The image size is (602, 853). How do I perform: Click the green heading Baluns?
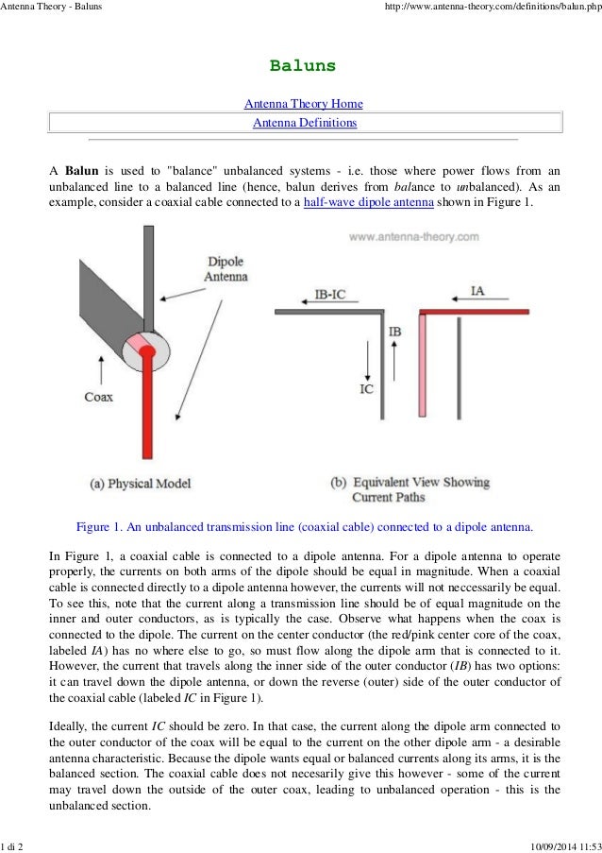tap(303, 66)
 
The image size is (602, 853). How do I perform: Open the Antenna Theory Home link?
tap(303, 104)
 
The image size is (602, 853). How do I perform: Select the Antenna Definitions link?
tap(303, 123)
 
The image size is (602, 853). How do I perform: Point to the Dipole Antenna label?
tap(226, 269)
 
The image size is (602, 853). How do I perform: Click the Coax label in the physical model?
tap(98, 397)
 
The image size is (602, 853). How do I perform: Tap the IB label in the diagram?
tap(395, 333)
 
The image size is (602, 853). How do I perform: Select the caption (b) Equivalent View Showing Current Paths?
tap(410, 488)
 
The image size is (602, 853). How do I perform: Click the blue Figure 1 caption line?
tap(304, 526)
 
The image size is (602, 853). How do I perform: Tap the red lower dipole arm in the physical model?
tap(147, 416)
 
